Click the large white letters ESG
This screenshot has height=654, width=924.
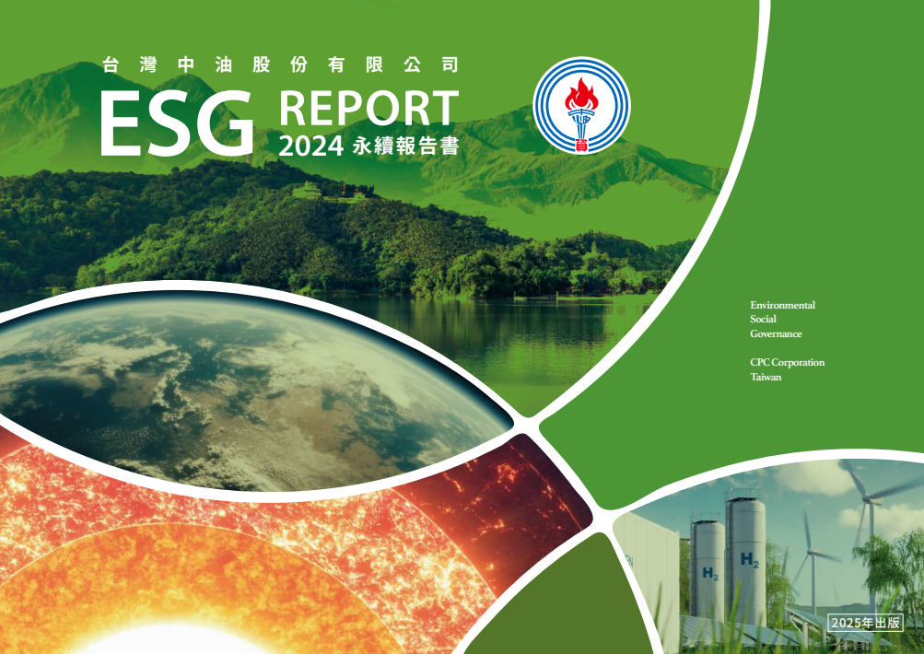pyautogui.click(x=177, y=124)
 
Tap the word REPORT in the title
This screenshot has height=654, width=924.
pyautogui.click(x=368, y=108)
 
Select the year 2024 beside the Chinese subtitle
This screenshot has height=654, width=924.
pyautogui.click(x=310, y=146)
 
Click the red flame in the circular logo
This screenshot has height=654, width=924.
pyautogui.click(x=581, y=94)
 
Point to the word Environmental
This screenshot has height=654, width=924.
pyautogui.click(x=782, y=305)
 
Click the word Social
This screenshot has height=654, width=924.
pyautogui.click(x=763, y=319)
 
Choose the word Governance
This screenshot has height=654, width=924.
pyautogui.click(x=776, y=333)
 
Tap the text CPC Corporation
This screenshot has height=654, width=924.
pyautogui.click(x=788, y=362)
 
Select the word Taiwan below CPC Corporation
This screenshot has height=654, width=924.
pyautogui.click(x=766, y=377)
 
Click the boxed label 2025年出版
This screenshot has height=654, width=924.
pyautogui.click(x=865, y=623)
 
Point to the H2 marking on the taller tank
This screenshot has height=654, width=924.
pyautogui.click(x=750, y=559)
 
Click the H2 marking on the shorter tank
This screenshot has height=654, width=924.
pyautogui.click(x=710, y=573)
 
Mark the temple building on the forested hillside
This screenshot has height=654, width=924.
pyautogui.click(x=307, y=191)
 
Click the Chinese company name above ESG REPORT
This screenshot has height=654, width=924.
pyautogui.click(x=280, y=64)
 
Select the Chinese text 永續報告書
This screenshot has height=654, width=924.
pyautogui.click(x=405, y=146)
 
